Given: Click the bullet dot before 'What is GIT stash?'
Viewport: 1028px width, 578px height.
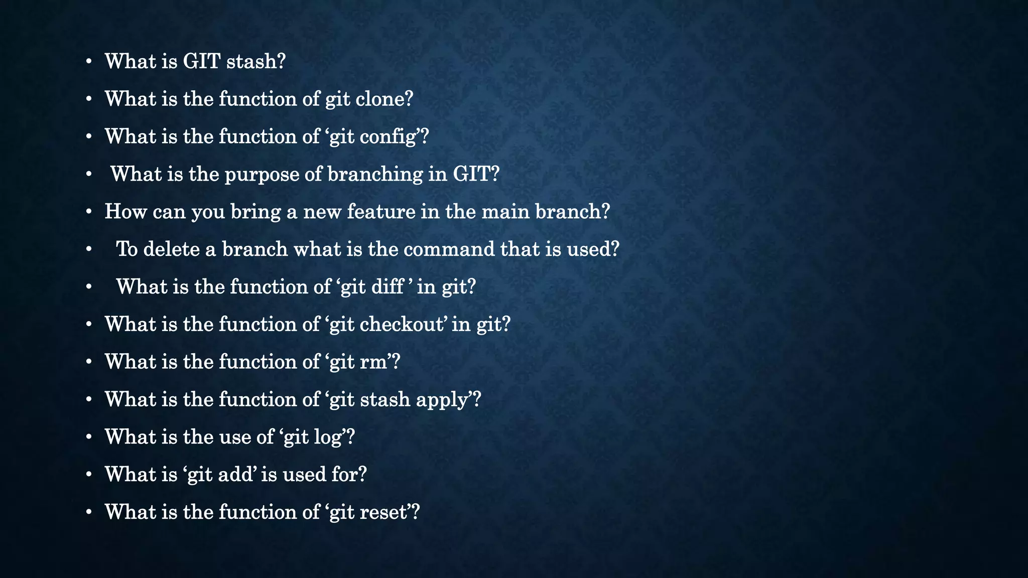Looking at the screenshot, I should pos(89,62).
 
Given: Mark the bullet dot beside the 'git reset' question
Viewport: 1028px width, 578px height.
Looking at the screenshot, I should pos(89,513).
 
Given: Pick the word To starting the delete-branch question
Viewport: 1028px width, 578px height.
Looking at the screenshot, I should pos(126,249).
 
